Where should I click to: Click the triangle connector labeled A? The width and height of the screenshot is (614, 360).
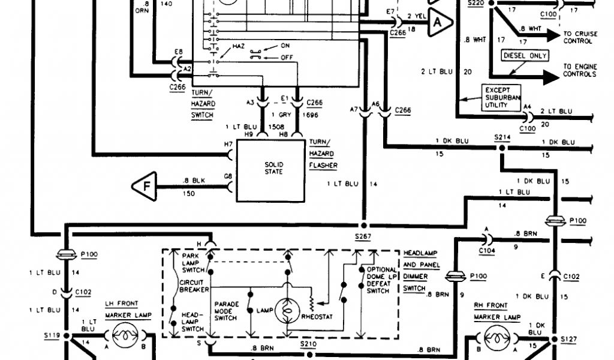[438, 22]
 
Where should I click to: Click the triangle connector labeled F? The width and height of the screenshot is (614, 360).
[145, 186]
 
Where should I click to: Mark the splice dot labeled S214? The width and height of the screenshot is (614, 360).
[501, 146]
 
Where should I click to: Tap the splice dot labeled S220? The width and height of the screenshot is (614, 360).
[491, 3]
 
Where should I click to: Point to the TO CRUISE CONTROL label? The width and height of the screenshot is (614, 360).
[580, 38]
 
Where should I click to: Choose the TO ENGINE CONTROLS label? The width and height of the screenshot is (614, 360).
[579, 70]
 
